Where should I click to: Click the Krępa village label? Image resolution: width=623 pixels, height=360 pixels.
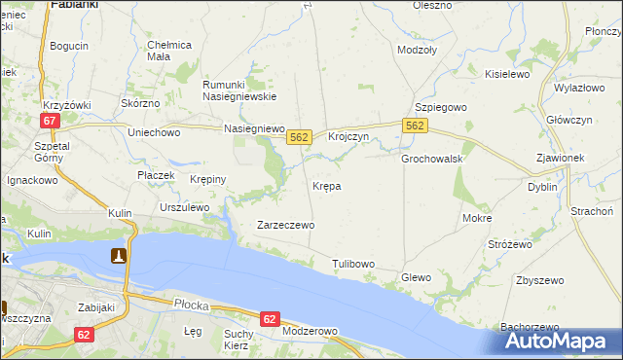[x=326, y=185]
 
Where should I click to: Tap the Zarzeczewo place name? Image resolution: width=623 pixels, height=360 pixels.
[x=284, y=225]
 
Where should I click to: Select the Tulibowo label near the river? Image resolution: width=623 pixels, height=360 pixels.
[x=352, y=264]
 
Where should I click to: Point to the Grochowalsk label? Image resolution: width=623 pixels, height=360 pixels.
[x=431, y=158]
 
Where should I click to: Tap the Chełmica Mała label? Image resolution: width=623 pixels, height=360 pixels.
[x=169, y=51]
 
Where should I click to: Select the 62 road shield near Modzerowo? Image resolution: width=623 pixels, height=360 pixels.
[x=271, y=319]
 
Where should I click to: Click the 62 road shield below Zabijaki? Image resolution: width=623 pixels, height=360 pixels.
[x=86, y=335]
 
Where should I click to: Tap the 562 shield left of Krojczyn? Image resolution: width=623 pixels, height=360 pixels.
[x=299, y=138]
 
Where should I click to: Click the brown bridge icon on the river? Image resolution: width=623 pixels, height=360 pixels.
[x=118, y=256]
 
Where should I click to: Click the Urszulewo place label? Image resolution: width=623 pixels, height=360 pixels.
[x=185, y=207]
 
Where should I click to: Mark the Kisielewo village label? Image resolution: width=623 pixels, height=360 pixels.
[x=506, y=74]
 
